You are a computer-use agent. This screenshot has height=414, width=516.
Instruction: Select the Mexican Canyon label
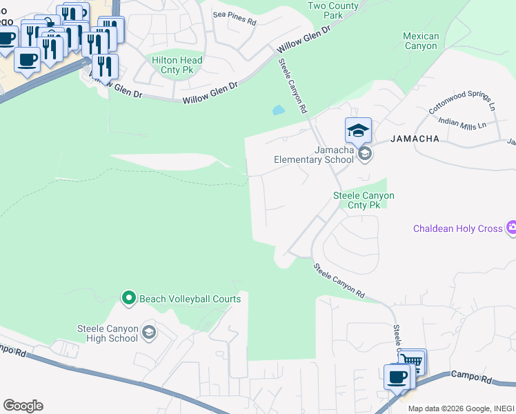tap(420, 41)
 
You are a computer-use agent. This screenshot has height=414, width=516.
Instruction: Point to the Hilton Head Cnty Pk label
tap(177, 66)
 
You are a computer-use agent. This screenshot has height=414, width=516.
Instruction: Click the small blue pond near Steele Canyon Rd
tap(278, 110)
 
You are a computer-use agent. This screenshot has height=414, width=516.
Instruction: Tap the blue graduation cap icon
tap(358, 130)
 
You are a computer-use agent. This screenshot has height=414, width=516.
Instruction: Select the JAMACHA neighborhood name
tap(415, 139)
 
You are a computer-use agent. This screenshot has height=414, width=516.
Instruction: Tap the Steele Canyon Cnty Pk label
tap(364, 200)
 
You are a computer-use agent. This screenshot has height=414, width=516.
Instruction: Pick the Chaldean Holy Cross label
tap(457, 228)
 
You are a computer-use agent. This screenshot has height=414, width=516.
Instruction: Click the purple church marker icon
tap(511, 228)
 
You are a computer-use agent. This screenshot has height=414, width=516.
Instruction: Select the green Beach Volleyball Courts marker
tap(128, 299)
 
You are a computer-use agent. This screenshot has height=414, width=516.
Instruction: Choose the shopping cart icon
tap(413, 362)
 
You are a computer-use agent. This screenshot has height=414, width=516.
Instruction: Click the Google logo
tap(23, 406)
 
